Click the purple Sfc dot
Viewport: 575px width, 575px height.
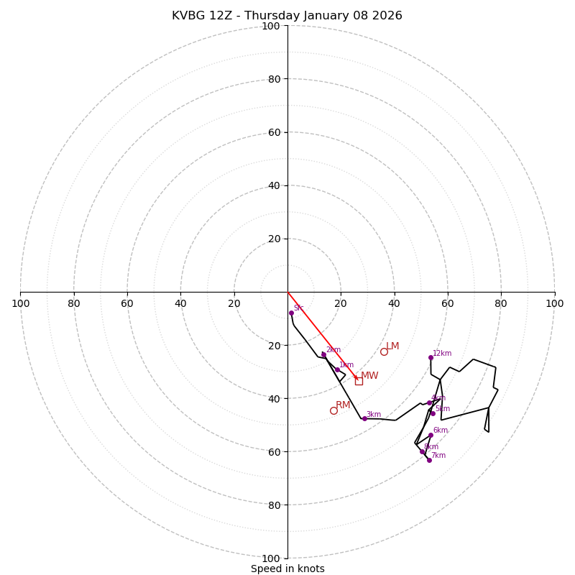291,313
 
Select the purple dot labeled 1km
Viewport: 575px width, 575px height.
337,369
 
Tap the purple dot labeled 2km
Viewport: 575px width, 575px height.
323,354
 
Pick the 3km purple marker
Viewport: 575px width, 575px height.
364,418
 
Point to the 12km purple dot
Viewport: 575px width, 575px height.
431,357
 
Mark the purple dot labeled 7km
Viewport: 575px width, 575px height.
429,460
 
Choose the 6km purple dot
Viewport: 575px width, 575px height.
431,435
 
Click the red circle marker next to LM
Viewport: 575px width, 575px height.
384,351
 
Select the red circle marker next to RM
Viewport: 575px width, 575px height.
333,410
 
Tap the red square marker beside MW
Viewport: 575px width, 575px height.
359,381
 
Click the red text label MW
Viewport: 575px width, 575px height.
369,376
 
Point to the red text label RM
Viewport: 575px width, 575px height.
343,405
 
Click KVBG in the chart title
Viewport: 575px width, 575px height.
187,16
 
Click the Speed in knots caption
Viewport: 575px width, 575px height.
287,569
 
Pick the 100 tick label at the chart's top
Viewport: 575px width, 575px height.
271,27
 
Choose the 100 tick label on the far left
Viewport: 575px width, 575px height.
20,303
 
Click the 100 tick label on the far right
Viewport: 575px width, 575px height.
554,303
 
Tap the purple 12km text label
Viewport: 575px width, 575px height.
442,353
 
